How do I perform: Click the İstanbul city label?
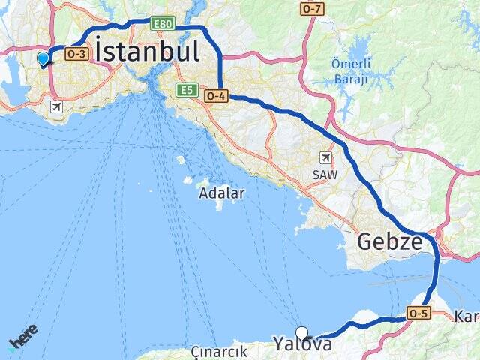tap(148, 52)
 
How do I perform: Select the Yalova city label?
tap(302, 344)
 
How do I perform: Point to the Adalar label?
tap(222, 193)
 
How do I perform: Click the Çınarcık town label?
tap(219, 352)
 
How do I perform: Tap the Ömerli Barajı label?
tap(350, 70)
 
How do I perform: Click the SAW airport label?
tap(325, 174)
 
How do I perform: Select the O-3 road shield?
tap(76, 54)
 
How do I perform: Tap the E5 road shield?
tap(187, 90)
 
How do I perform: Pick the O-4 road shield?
tap(215, 95)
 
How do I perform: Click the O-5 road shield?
tap(418, 313)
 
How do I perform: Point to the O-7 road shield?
tap(312, 8)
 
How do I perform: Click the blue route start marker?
tap(43, 58)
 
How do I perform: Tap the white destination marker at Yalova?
tap(301, 333)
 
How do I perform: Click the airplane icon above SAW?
tap(325, 157)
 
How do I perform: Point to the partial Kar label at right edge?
tap(466, 317)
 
